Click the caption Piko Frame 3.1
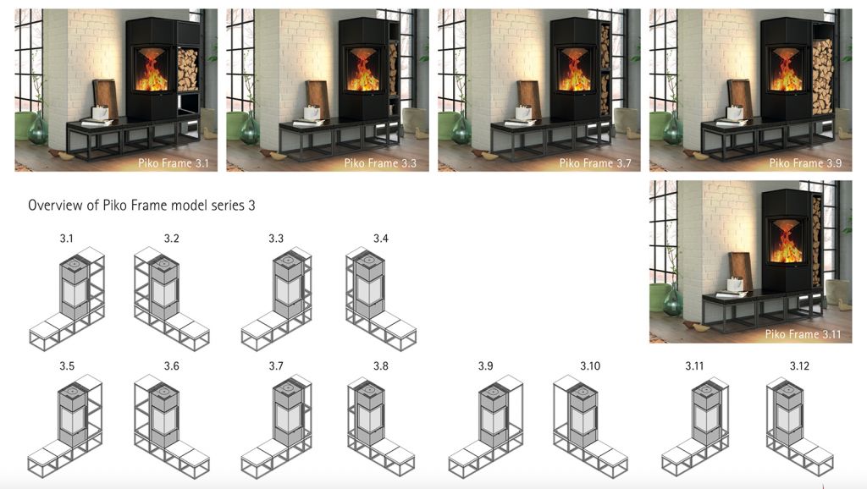(x=174, y=163)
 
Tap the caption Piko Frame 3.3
(x=380, y=163)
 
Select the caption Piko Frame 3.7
(x=595, y=163)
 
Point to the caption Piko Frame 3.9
(x=806, y=163)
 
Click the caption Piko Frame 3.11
(x=803, y=334)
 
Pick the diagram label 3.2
(x=171, y=239)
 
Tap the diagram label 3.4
(x=380, y=239)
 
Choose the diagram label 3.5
(x=67, y=366)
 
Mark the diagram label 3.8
(x=380, y=366)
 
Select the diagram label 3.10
(x=590, y=366)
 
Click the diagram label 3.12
(x=799, y=366)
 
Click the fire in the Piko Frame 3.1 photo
(x=152, y=77)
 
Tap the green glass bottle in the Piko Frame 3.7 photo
(x=461, y=130)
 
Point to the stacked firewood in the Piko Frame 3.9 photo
(x=822, y=77)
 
